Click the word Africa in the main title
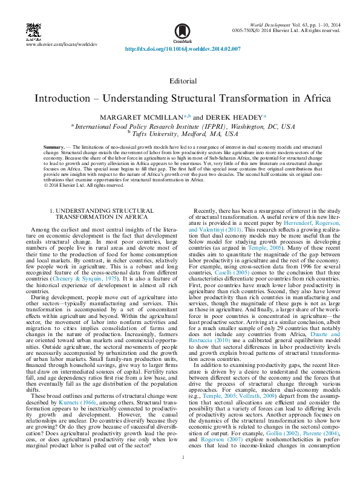click(x=313, y=98)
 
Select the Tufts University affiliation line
click(x=183, y=134)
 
